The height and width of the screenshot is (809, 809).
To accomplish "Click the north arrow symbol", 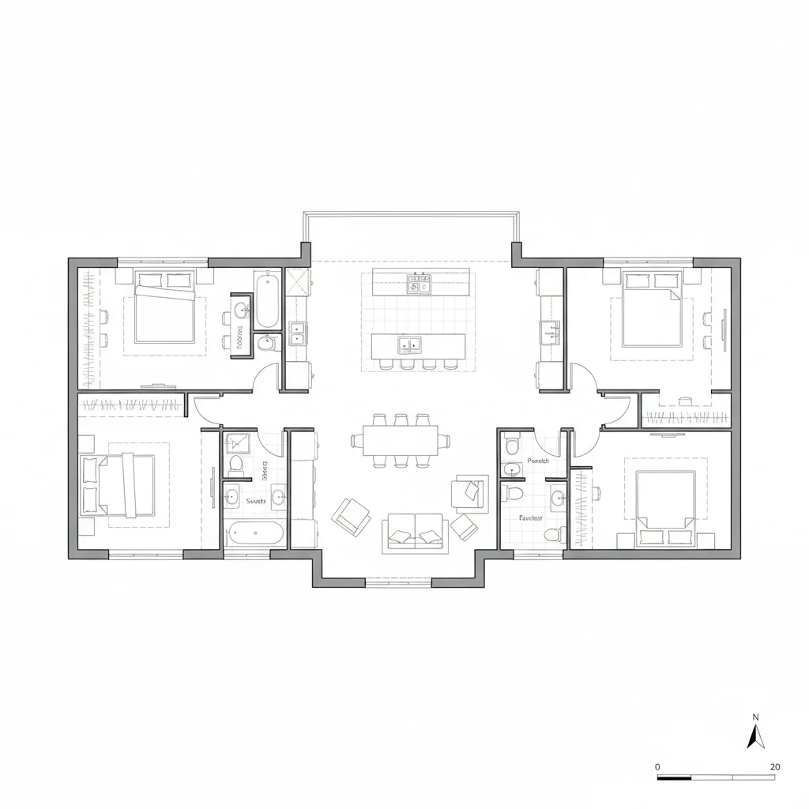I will [x=755, y=736].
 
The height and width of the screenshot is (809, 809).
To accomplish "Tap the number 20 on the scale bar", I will [x=775, y=766].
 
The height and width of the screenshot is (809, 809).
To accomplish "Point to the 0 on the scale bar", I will [x=658, y=766].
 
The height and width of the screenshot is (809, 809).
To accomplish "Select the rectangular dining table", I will [x=401, y=441].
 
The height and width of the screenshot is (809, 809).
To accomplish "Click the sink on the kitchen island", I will [x=409, y=344].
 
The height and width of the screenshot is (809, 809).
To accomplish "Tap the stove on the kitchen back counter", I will [x=417, y=283].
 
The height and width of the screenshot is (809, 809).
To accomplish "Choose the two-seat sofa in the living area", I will [x=414, y=533].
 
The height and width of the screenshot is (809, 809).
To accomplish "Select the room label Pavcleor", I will [x=530, y=518].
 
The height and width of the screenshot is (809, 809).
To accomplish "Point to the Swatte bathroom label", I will [x=256, y=501].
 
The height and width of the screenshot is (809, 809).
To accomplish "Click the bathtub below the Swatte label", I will [x=254, y=534].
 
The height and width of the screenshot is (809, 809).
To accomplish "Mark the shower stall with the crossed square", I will [x=298, y=282].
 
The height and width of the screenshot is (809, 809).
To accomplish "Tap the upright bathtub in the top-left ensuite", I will [x=266, y=300].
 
